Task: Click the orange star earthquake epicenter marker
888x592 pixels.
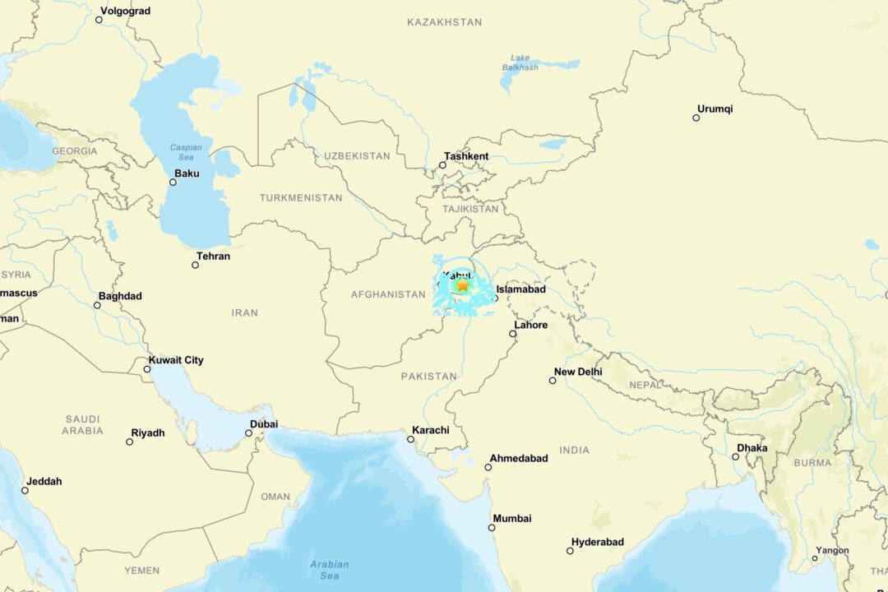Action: point(463,285)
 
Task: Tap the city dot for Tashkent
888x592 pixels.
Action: point(442,165)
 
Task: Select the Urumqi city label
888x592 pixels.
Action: point(715,109)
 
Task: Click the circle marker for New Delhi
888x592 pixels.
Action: point(553,380)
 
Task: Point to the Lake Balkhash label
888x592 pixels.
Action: point(520,62)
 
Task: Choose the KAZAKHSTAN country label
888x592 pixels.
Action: point(444,22)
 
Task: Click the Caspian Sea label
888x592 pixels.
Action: point(186,152)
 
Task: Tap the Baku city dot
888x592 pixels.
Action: point(173,182)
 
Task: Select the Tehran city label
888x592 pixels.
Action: point(213,256)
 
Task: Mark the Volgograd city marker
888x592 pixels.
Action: point(99,20)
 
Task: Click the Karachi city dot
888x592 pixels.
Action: point(410,439)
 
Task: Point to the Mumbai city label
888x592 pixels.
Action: point(512,518)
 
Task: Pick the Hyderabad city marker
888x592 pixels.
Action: point(570,550)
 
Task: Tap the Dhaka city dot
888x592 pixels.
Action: point(736,456)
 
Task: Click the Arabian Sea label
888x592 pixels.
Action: point(329,569)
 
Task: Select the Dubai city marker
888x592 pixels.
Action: point(248,432)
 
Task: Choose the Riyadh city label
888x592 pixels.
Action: point(148,432)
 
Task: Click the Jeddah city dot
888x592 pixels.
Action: point(25,490)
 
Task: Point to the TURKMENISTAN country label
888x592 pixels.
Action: point(301,198)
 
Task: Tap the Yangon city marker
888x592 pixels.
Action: point(815,558)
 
